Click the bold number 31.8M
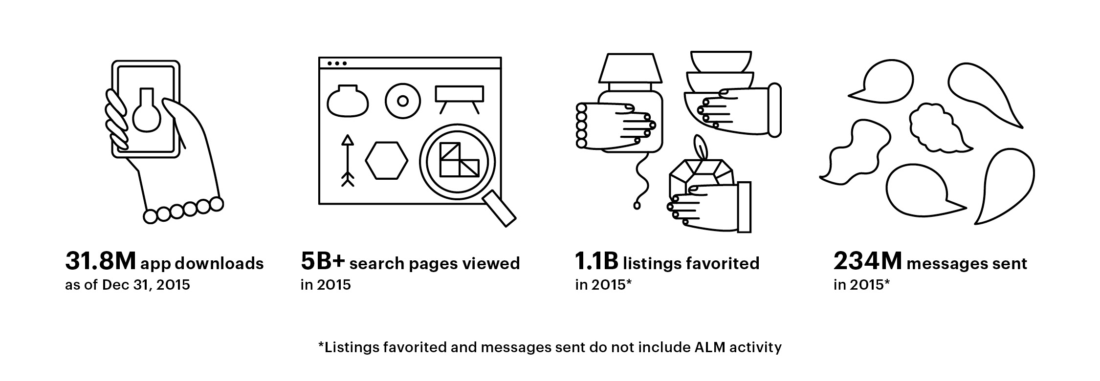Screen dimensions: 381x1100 [100, 262]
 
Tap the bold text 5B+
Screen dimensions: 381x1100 [323, 262]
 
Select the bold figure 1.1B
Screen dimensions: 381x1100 [596, 262]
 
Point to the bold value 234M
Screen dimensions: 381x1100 [867, 262]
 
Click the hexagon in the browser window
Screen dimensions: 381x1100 [386, 160]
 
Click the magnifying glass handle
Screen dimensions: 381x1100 [500, 209]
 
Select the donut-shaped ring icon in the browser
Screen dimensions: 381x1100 [402, 101]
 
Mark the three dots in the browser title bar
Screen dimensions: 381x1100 [337, 63]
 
